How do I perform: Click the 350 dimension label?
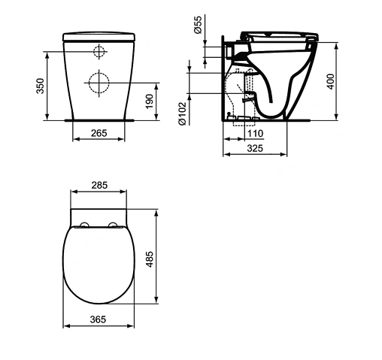click(x=40, y=86)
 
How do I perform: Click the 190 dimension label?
click(x=150, y=101)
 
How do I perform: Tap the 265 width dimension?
click(x=99, y=133)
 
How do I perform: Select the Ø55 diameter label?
click(x=198, y=25)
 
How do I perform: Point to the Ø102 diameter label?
click(x=183, y=113)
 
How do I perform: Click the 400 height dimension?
click(x=331, y=81)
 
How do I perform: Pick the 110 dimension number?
click(x=256, y=133)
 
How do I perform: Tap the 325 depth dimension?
click(x=255, y=148)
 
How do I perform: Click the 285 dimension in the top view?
click(x=99, y=185)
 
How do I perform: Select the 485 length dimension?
click(x=150, y=259)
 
